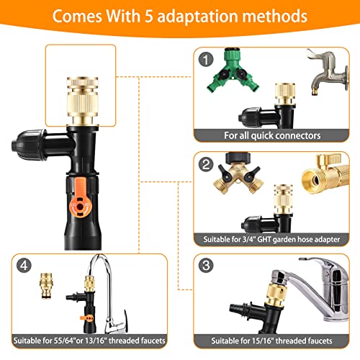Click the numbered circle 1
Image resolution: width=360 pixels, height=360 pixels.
(206, 59)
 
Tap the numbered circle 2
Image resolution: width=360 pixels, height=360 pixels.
(206, 164)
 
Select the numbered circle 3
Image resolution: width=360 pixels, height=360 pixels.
(206, 265)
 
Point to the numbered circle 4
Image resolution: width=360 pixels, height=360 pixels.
(24, 265)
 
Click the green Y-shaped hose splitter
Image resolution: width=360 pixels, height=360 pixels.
(233, 71)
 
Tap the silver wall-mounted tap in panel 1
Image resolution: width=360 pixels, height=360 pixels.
(328, 72)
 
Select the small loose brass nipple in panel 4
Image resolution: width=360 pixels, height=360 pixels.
(46, 286)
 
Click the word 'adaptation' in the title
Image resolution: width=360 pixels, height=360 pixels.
(197, 17)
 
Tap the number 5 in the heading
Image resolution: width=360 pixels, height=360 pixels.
(149, 17)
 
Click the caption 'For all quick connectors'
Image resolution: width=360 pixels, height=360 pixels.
(272, 135)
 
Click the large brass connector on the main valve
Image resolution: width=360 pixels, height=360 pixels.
(82, 101)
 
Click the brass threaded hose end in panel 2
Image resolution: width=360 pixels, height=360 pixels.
(324, 174)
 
